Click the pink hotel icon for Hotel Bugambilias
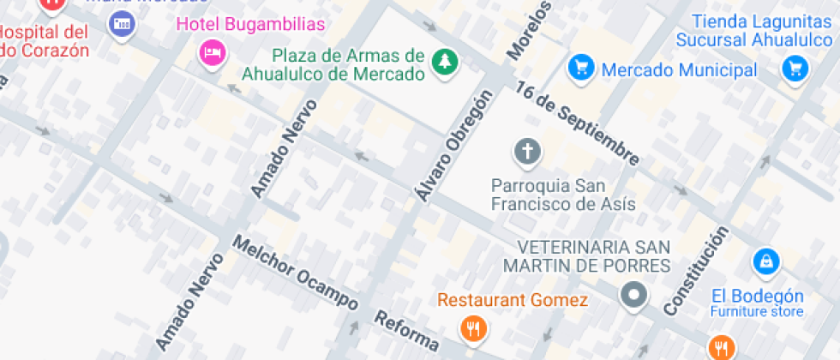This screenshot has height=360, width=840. click(x=212, y=53)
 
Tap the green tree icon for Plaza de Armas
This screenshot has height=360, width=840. click(x=445, y=61)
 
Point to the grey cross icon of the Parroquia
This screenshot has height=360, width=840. click(x=527, y=153)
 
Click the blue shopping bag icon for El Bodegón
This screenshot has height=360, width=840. click(x=765, y=260)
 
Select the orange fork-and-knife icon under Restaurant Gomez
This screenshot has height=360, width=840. click(x=472, y=327)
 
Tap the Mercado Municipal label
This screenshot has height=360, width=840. click(x=679, y=69)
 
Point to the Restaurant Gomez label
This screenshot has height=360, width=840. click(x=513, y=300)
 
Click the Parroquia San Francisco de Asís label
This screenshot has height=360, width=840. click(x=563, y=195)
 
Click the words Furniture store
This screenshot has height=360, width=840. click(x=757, y=311)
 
